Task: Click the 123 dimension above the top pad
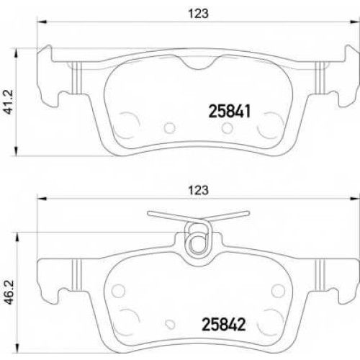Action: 198,14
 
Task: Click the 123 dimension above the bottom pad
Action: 198,190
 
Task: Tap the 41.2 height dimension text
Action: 9,102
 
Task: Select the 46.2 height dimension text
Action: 9,292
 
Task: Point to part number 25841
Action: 230,112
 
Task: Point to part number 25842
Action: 224,325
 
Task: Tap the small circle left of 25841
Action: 170,127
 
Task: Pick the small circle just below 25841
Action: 228,128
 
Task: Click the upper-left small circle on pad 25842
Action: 118,290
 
